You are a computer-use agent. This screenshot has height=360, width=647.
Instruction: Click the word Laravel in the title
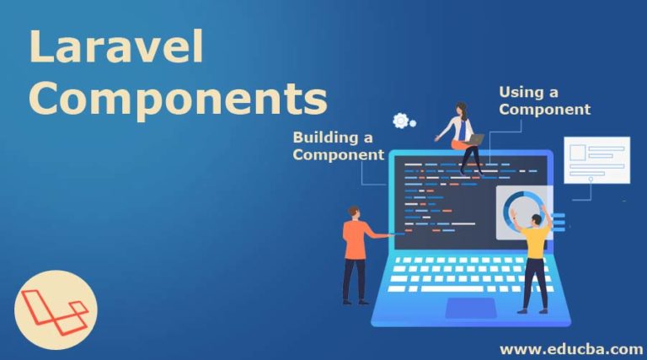(x=116, y=48)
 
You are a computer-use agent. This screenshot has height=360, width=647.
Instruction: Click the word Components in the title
(x=178, y=99)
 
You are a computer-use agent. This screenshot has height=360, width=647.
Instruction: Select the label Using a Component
(x=543, y=100)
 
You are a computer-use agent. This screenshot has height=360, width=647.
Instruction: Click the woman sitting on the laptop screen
(x=463, y=135)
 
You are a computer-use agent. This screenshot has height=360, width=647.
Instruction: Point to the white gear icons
(x=403, y=122)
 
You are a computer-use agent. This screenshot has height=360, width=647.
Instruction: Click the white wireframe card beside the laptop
(x=596, y=159)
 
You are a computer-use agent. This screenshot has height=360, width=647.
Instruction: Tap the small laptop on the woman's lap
(x=474, y=140)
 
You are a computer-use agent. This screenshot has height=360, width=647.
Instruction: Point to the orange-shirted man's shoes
(x=354, y=300)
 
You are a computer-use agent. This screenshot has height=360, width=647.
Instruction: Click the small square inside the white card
(x=579, y=153)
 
